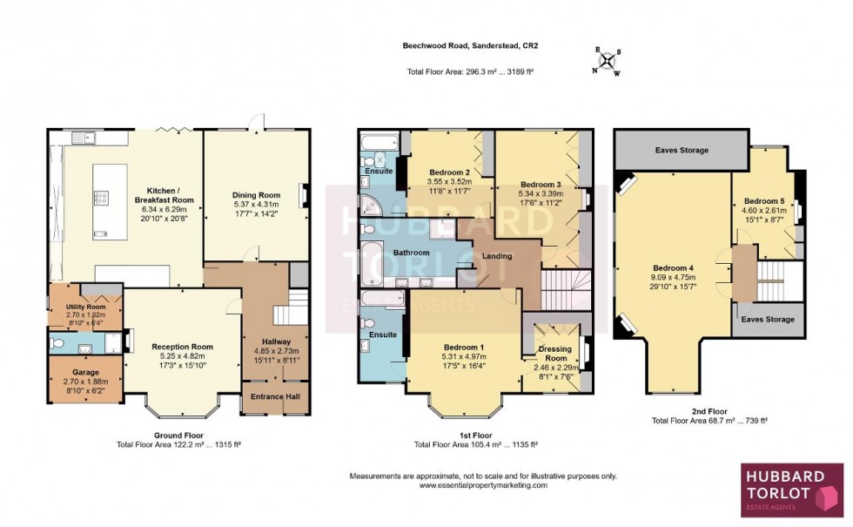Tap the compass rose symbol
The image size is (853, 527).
coord(606,61)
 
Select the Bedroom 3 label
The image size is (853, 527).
coord(541,185)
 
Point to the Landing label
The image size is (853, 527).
coord(495,256)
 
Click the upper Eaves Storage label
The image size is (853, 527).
coord(682,150)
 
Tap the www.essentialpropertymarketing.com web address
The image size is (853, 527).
coord(483,486)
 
